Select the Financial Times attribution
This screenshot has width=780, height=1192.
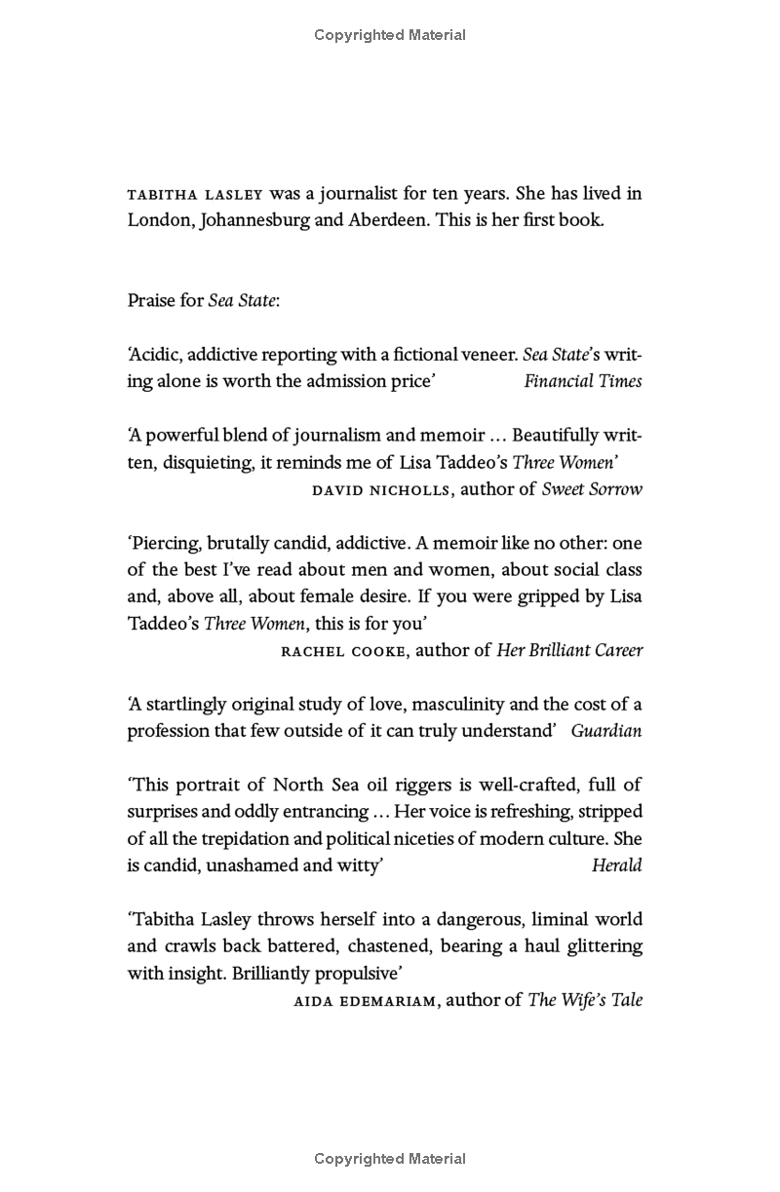[x=582, y=381]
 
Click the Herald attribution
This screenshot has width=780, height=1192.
[x=616, y=865]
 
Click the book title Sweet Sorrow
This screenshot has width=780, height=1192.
[x=592, y=489]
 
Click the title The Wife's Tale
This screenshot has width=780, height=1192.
[x=585, y=1000]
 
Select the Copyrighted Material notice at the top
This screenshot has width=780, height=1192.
[x=390, y=35]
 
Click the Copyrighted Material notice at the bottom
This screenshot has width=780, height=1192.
[x=390, y=1159]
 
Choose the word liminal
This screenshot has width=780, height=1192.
[x=530, y=919]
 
